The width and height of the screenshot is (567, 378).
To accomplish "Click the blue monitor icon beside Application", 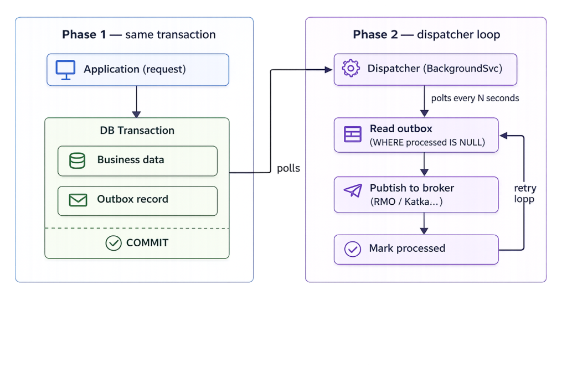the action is (65, 70).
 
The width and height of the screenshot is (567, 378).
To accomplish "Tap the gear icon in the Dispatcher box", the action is (350, 68).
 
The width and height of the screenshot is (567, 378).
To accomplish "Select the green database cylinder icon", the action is (77, 161).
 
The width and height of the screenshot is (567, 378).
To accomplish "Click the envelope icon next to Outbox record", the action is (78, 200).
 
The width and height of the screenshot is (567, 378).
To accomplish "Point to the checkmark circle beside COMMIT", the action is (114, 243).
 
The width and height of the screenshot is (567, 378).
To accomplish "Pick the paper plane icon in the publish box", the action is (353, 190).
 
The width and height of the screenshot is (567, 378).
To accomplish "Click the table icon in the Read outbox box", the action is (353, 134).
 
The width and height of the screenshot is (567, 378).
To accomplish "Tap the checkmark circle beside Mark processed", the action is (353, 249).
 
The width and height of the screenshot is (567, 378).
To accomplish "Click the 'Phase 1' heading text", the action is (84, 35).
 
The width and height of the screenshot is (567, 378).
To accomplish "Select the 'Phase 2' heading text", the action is (375, 35).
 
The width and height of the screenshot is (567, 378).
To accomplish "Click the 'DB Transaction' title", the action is (137, 131).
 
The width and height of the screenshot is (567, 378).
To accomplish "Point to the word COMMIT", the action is (147, 243).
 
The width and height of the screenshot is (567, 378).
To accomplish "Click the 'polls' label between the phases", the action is (288, 168).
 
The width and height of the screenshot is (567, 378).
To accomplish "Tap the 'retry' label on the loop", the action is (525, 188).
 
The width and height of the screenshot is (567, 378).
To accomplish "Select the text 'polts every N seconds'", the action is (475, 99).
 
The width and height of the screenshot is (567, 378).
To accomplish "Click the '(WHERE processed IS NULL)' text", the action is (427, 142).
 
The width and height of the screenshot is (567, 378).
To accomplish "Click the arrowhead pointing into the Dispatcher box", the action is (329, 70).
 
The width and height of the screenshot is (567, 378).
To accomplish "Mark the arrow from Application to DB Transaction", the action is (136, 101).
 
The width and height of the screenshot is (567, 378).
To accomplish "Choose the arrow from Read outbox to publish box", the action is (425, 164).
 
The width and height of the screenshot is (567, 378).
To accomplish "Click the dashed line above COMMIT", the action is (137, 229).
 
